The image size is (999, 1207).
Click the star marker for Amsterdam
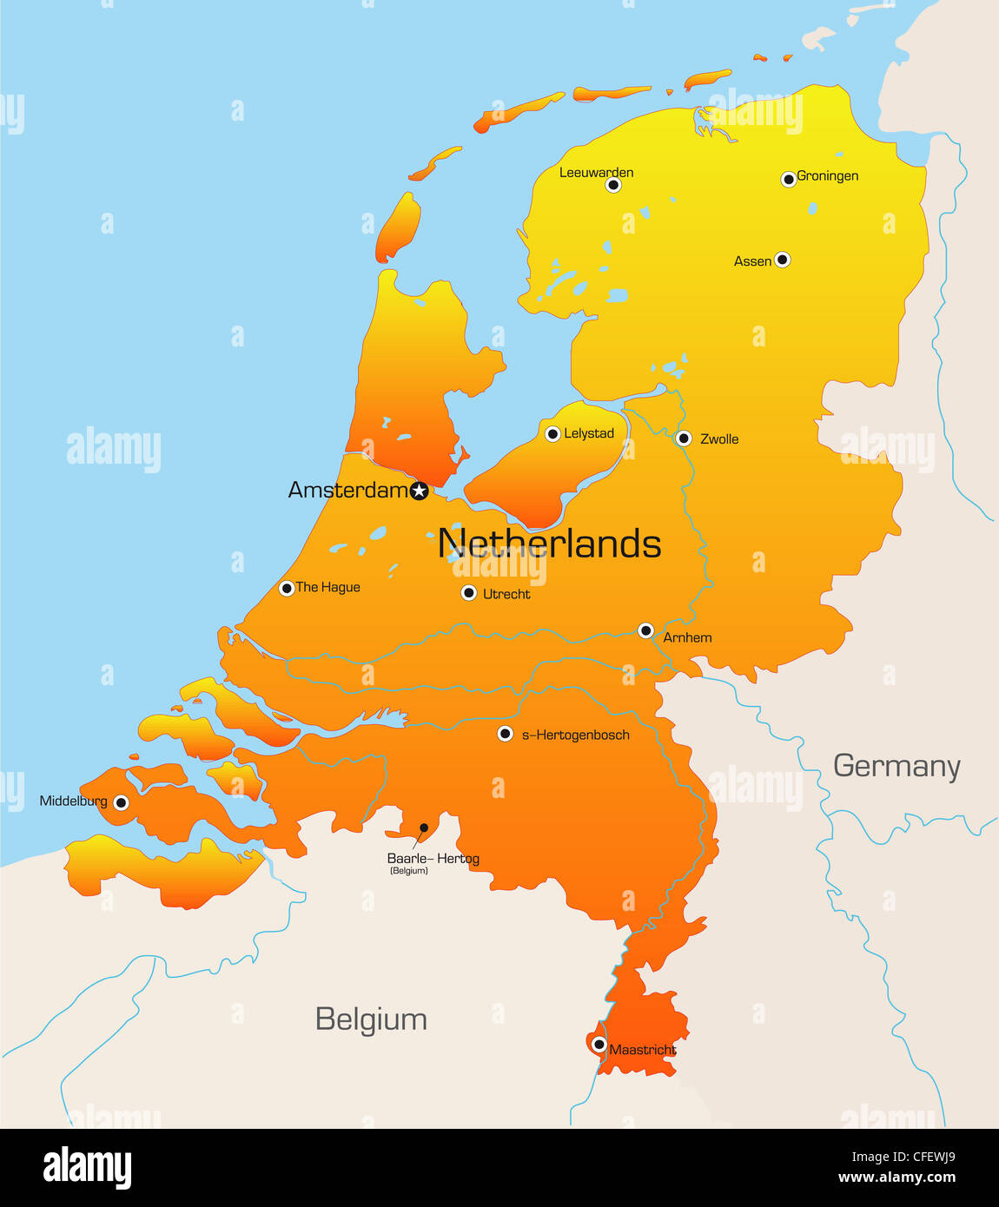[x=419, y=491]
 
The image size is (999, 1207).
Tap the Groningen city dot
[x=789, y=179]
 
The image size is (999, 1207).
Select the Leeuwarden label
[x=596, y=172]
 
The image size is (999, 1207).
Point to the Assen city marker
[x=782, y=259]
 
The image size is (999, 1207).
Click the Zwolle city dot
[x=684, y=439]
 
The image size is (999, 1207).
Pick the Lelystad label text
[x=589, y=433]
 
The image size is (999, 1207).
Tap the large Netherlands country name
[x=549, y=544]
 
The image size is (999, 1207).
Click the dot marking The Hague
[x=286, y=589]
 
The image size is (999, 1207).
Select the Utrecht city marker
[x=468, y=593]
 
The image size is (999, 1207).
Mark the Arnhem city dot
[x=645, y=630]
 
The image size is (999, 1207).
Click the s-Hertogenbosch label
[x=575, y=735]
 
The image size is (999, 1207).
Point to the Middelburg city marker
[x=121, y=802]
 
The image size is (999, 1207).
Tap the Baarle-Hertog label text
[x=433, y=858]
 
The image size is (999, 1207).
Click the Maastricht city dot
[x=599, y=1045]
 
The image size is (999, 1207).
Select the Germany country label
[x=896, y=766]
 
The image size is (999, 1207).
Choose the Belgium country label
[x=371, y=1019]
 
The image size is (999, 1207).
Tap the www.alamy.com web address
[x=896, y=1178]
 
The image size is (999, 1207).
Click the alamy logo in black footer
[x=87, y=1167]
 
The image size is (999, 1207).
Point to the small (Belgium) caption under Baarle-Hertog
[x=408, y=871]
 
